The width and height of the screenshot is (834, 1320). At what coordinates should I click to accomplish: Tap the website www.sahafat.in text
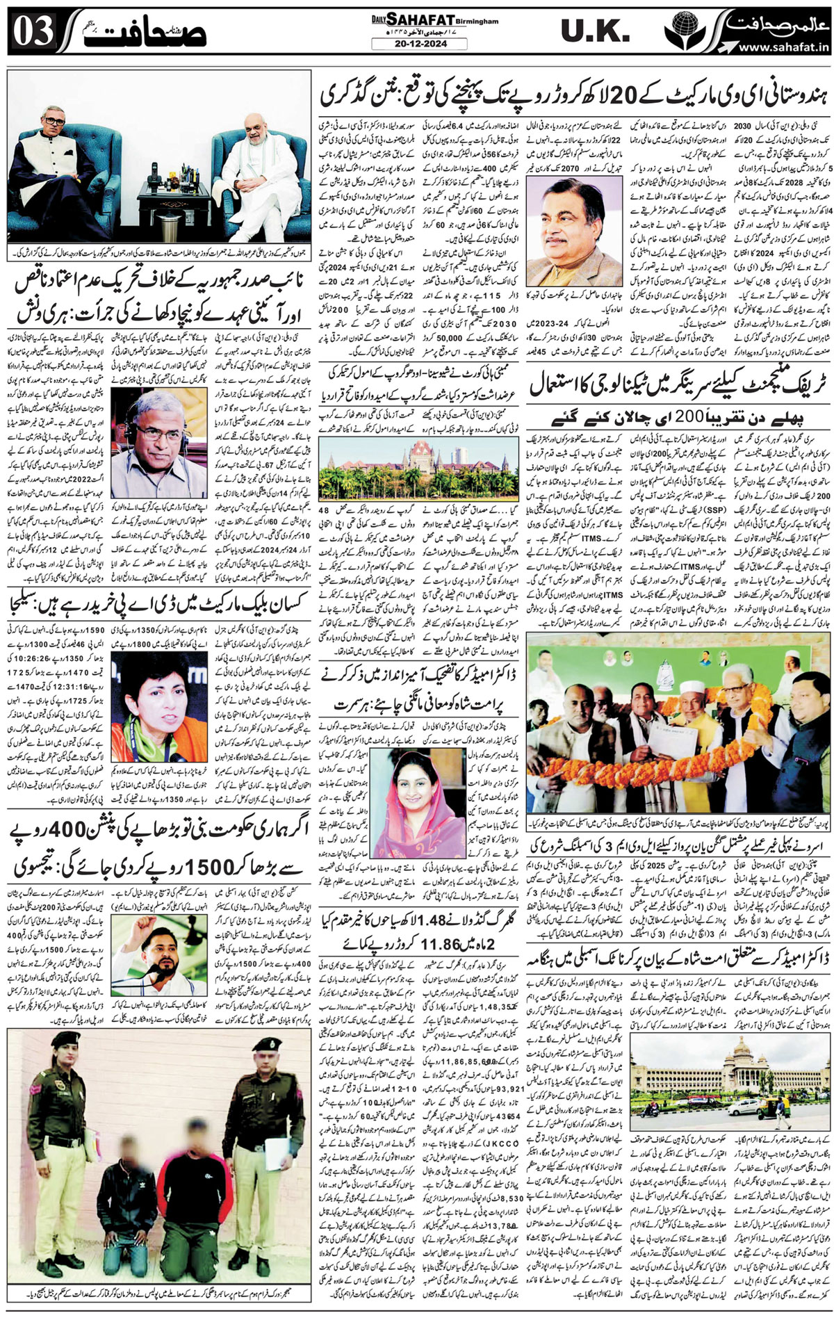(785, 47)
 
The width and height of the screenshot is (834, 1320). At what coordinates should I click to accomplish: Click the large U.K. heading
(595, 32)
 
